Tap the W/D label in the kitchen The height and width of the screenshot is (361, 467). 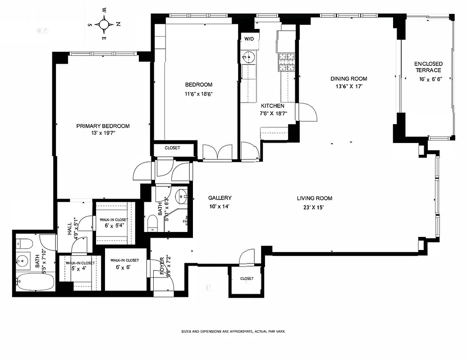coord(249,39)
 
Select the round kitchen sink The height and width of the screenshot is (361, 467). coord(248,57)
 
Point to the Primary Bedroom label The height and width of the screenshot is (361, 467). coord(103,126)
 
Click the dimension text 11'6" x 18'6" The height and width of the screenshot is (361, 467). coord(198,94)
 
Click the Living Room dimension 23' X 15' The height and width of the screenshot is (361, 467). coord(314,208)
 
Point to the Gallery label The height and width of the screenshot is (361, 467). coord(220,198)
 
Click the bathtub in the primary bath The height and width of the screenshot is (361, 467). coord(36,282)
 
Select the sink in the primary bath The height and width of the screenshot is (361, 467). coord(23,260)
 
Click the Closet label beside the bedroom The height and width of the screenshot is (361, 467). coord(172,148)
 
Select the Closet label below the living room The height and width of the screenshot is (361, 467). coord(247,279)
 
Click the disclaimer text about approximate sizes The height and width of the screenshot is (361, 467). coord(233,331)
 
